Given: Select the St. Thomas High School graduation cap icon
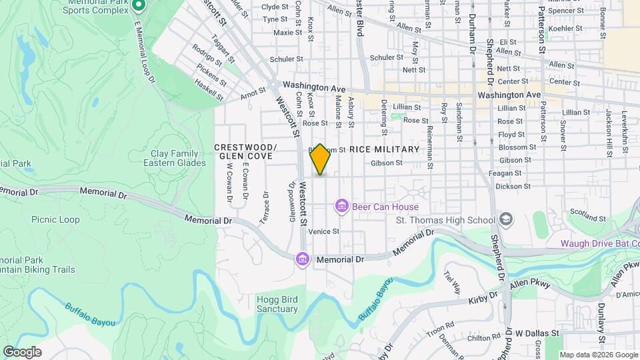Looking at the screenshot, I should [x=506, y=220].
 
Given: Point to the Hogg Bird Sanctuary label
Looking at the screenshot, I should [x=277, y=304].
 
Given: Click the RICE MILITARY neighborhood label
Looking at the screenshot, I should [x=384, y=149].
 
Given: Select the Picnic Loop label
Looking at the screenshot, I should [x=55, y=219].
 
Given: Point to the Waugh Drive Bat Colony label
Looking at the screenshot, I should [x=599, y=243].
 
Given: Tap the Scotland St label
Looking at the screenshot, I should [x=587, y=215].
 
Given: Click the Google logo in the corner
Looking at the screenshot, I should [x=22, y=352].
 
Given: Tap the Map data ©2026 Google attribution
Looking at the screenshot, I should [x=598, y=355].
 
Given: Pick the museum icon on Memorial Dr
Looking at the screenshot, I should [x=303, y=258].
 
